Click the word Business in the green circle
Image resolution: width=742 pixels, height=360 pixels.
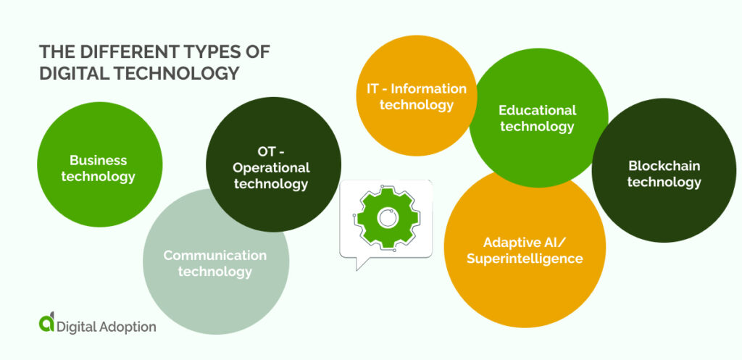(x=98, y=160)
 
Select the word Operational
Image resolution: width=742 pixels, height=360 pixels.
(x=271, y=167)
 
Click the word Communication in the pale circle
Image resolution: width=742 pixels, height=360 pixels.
(x=214, y=255)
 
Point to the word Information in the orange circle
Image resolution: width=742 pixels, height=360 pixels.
(x=429, y=89)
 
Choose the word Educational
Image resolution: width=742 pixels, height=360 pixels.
(x=537, y=110)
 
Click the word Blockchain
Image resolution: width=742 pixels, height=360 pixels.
(x=664, y=165)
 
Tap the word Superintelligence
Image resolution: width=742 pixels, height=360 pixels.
(x=525, y=259)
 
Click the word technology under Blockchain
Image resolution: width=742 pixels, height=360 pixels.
(x=664, y=182)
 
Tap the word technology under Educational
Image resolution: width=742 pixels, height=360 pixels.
(x=537, y=127)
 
